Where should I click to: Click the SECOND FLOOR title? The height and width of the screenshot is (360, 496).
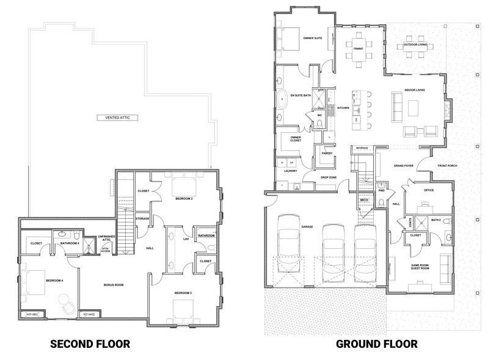click(x=90, y=344)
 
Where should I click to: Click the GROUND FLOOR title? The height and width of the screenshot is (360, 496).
click(x=377, y=344)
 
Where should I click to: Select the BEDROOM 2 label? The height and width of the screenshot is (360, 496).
click(x=184, y=199)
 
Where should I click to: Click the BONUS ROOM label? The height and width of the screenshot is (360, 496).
click(x=114, y=285)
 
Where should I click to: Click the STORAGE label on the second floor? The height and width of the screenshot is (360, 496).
click(x=142, y=218)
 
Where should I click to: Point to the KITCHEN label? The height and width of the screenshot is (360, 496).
click(x=343, y=108)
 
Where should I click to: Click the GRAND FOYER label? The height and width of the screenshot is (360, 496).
click(x=404, y=166)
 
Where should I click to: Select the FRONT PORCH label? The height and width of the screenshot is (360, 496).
click(x=447, y=166)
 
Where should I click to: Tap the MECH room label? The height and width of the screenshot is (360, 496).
click(x=365, y=200)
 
